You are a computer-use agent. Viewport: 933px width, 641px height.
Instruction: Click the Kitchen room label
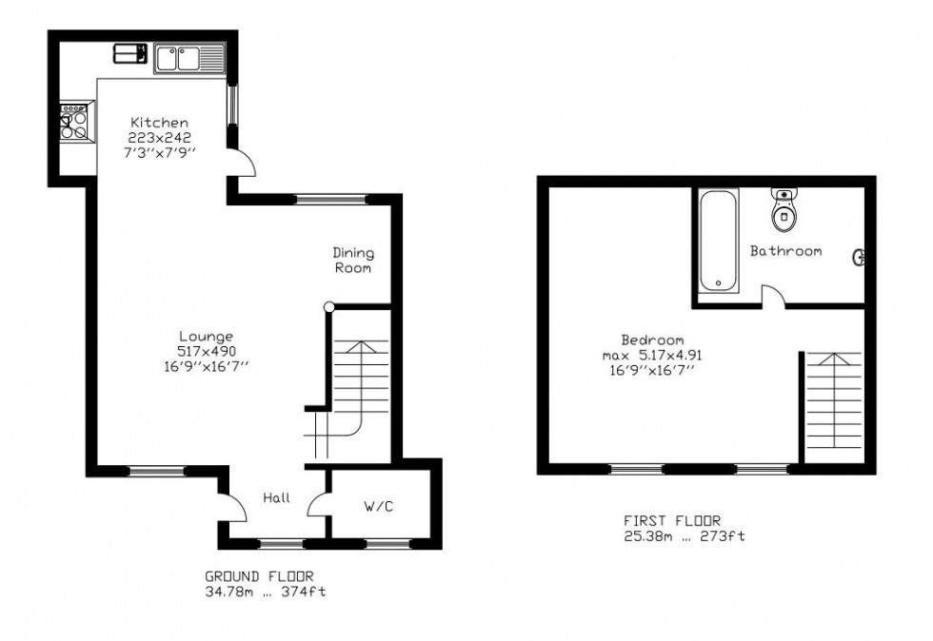pos(160,123)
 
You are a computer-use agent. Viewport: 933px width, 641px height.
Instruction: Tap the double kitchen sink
pos(189,58)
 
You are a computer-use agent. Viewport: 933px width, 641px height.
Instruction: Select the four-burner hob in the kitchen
pos(75,123)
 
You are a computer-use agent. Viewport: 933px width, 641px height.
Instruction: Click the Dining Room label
pos(353,261)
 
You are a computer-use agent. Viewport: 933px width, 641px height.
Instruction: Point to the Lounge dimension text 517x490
pos(207,352)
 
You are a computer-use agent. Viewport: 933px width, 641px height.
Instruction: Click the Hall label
pos(277,497)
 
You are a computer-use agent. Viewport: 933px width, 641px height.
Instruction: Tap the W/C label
pos(379,507)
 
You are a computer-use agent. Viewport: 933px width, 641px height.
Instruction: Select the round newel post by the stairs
pos(329,307)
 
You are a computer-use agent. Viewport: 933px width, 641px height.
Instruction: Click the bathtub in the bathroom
pos(719,241)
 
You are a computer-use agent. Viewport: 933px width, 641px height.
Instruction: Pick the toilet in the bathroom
pos(784,209)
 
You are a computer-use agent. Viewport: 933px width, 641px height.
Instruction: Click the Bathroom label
pos(785,251)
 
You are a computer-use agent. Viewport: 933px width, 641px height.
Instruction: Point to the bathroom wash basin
pos(859,257)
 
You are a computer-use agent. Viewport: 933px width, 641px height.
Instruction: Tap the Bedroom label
pos(652,340)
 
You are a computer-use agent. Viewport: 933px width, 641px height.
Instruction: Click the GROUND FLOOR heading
pos(259,576)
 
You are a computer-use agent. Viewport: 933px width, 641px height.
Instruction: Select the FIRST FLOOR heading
pos(672,520)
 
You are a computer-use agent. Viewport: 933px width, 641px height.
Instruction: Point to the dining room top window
pos(332,199)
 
